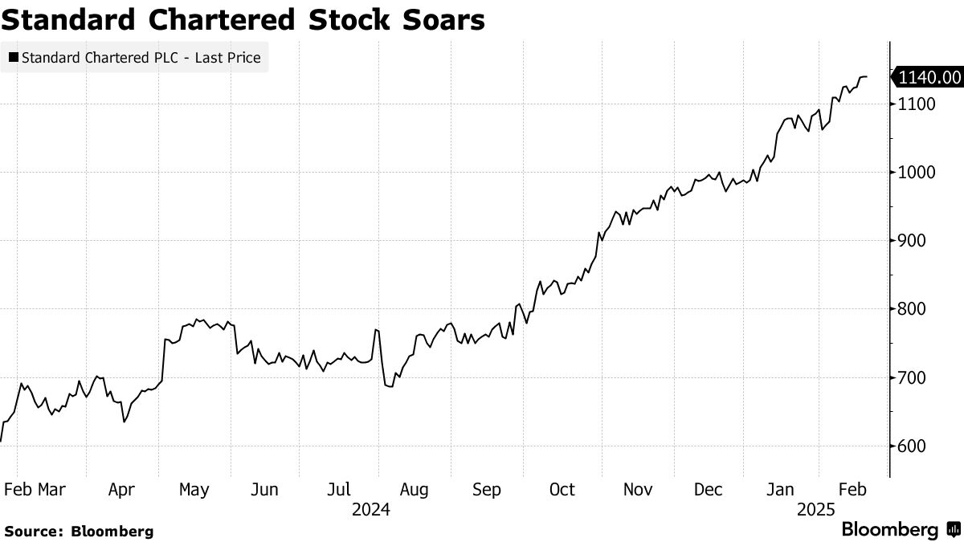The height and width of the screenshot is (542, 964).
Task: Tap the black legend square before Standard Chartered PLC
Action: (x=13, y=58)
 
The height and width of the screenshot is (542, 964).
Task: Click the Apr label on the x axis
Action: (x=122, y=490)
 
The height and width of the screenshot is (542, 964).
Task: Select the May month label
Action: (x=194, y=490)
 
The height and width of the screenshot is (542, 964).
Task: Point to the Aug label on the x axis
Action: (x=414, y=490)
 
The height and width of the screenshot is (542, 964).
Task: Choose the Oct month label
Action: (x=562, y=490)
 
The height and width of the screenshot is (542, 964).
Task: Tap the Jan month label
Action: (x=781, y=490)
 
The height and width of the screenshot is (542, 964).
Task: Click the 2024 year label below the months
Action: (x=371, y=510)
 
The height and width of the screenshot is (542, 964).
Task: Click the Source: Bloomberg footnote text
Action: (x=79, y=531)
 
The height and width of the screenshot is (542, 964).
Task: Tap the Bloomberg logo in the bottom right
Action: (x=900, y=530)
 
